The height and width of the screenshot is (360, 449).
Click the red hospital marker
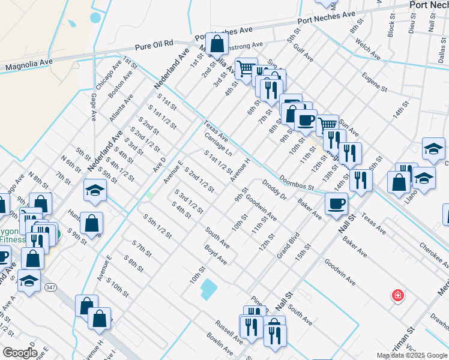[397, 295]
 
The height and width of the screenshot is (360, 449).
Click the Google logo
[20, 353]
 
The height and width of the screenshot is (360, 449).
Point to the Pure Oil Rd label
[154, 44]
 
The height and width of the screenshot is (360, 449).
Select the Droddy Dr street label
[275, 188]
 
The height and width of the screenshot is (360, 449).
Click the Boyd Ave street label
[215, 254]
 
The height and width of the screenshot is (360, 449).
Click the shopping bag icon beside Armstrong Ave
[217, 43]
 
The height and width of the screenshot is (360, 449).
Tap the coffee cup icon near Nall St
[336, 203]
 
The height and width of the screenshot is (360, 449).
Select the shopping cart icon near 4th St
[246, 68]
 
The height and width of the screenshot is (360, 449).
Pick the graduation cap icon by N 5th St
[95, 190]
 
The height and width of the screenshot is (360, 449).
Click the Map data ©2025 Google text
[412, 355]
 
